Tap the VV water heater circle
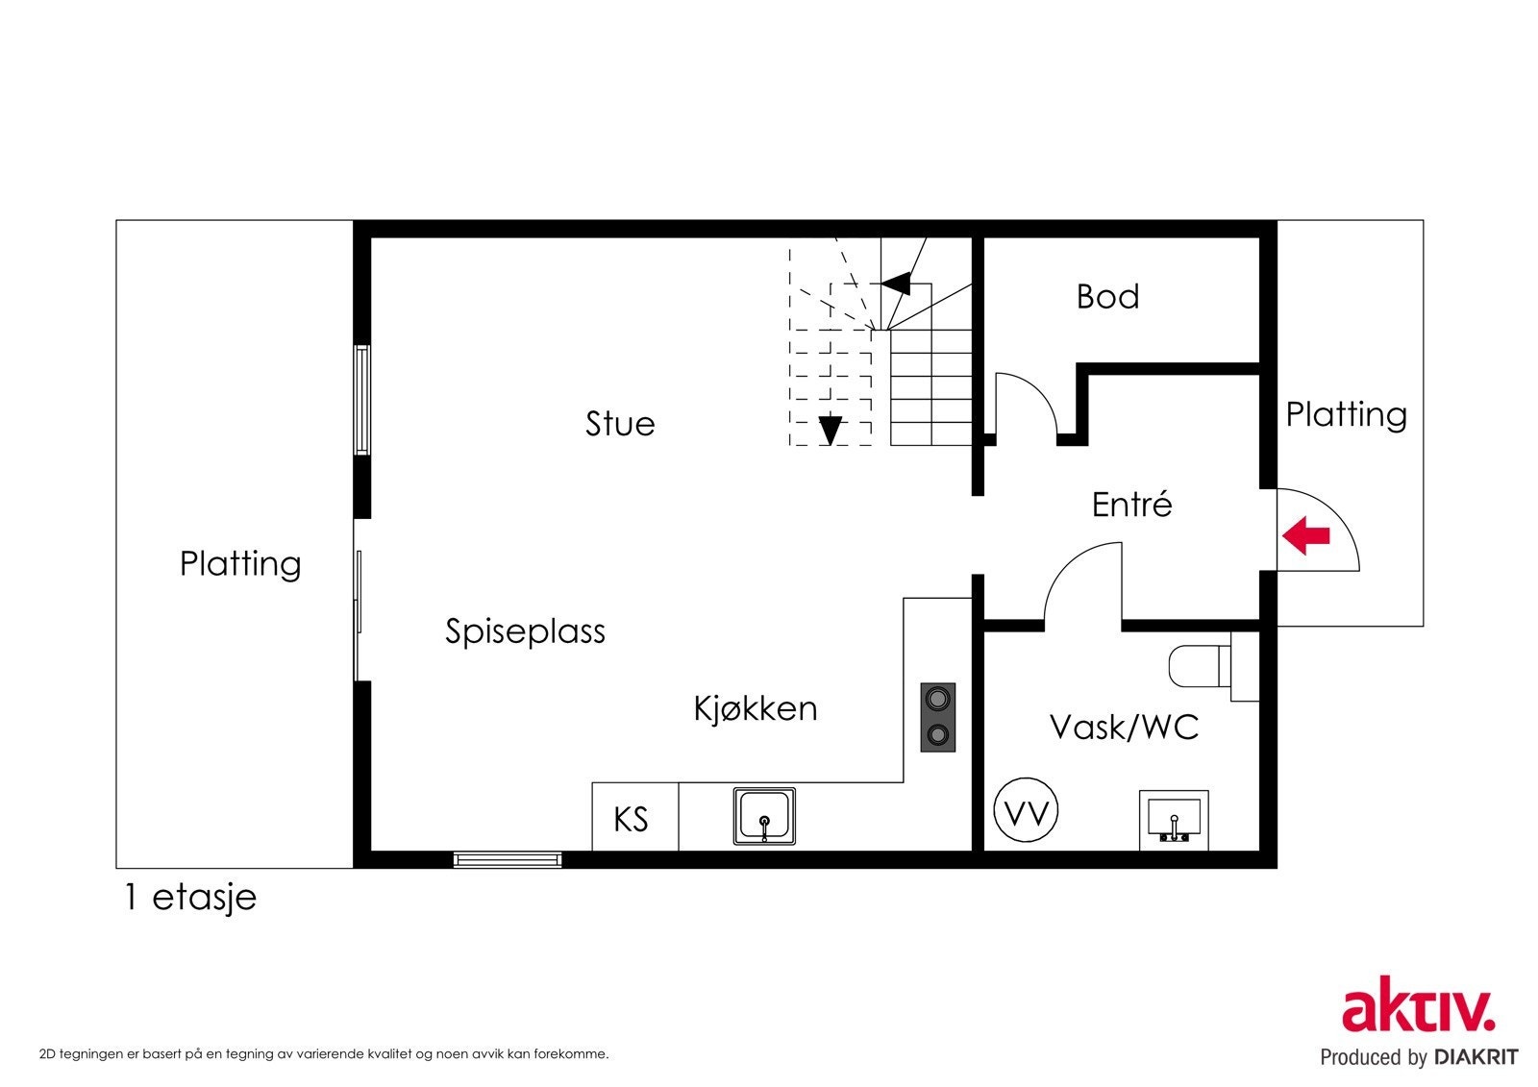point(1026,812)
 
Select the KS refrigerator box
point(632,819)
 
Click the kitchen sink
point(765,817)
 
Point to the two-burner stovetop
point(938,717)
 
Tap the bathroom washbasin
point(1174,820)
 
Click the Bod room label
point(1107,296)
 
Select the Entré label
point(1131,505)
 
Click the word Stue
point(620,423)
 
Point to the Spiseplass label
point(525,631)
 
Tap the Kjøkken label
point(756,708)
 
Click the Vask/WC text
point(1124,727)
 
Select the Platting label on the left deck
point(240,563)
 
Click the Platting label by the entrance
point(1346,414)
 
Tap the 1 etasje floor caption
point(190,897)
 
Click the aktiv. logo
point(1419,1009)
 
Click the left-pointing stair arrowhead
point(896,283)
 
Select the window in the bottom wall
point(508,859)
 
